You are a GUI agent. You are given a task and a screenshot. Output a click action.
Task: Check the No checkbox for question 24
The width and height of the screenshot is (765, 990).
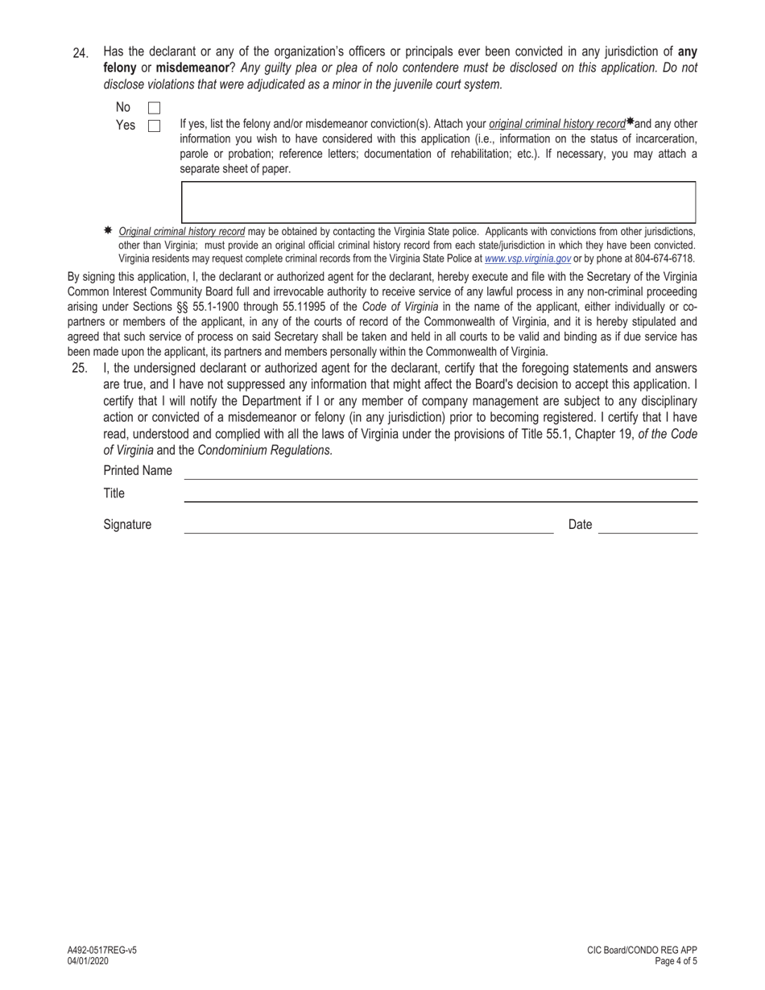154,108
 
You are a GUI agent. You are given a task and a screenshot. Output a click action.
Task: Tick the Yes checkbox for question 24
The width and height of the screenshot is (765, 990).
154,126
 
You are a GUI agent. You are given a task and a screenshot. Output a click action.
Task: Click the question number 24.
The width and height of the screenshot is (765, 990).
81,53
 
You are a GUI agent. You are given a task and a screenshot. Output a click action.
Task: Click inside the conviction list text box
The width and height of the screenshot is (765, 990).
438,202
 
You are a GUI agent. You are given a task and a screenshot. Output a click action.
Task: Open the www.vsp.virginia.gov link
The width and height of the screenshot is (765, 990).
527,259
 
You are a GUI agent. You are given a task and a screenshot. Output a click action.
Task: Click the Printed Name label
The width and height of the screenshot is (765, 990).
138,471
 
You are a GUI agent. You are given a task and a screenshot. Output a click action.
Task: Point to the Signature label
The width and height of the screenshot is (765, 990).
127,525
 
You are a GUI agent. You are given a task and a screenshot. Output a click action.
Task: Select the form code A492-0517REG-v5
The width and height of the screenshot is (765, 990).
102,950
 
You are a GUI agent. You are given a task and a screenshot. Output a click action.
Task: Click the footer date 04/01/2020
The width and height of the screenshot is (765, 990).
89,960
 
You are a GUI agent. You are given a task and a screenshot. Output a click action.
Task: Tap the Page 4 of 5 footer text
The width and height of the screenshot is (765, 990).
676,960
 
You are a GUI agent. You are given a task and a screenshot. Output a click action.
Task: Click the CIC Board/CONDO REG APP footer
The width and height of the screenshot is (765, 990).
642,950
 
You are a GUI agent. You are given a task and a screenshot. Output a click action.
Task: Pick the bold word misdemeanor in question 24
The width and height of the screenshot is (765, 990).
193,68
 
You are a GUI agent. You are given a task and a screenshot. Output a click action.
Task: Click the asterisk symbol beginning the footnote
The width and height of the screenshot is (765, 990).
108,231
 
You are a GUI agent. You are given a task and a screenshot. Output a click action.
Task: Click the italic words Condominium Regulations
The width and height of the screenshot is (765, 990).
265,451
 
